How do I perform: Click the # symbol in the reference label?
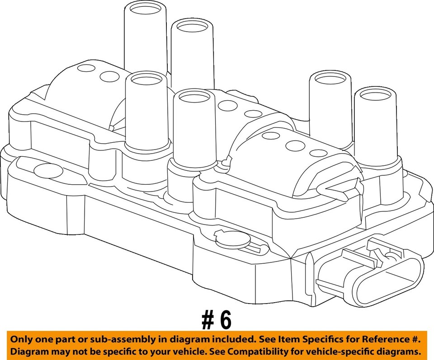tap(208, 320)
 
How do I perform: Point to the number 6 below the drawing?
tap(225, 320)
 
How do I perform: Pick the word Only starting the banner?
tap(22, 339)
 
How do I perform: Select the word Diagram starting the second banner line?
tap(29, 352)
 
